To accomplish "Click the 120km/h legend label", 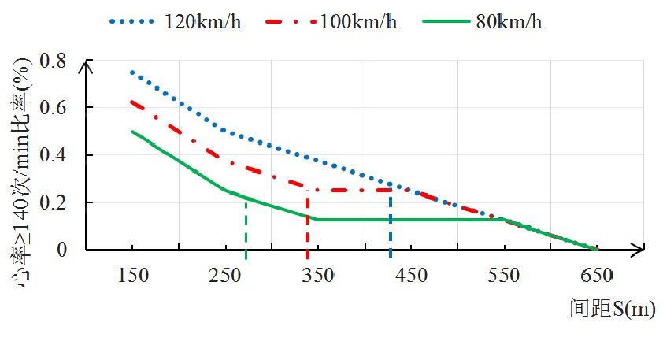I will click(x=202, y=22).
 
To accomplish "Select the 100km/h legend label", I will click(x=358, y=22).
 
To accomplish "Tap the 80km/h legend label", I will click(x=509, y=22).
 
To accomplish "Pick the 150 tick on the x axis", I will click(x=133, y=275).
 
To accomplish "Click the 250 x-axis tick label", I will click(x=225, y=275).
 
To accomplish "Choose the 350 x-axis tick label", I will click(x=318, y=275).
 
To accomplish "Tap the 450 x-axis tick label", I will click(x=411, y=275).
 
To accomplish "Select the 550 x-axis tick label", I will click(x=504, y=275).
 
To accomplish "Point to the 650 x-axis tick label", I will click(x=596, y=275).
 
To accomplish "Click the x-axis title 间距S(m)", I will click(x=612, y=310).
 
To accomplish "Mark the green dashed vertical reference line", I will click(x=246, y=228).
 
